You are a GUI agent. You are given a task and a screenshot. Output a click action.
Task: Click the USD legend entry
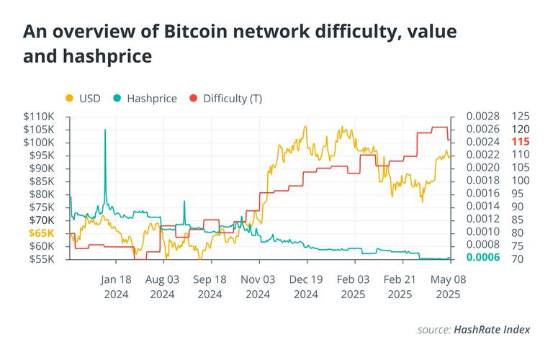tap(85, 98)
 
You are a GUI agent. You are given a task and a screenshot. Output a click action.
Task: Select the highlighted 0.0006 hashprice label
tap(483, 258)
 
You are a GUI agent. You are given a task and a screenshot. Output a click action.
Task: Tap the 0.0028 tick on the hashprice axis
tap(483, 116)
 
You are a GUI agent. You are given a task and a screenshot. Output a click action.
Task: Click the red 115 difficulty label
tap(521, 142)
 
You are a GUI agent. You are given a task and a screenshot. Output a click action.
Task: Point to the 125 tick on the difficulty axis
tap(521, 116)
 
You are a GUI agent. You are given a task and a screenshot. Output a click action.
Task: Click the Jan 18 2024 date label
tap(115, 286)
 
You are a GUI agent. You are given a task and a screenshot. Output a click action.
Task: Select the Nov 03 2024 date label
tap(258, 286)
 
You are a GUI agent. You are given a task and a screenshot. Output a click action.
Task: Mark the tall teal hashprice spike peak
tap(105, 130)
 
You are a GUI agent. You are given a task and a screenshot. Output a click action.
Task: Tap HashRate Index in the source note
tap(492, 329)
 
